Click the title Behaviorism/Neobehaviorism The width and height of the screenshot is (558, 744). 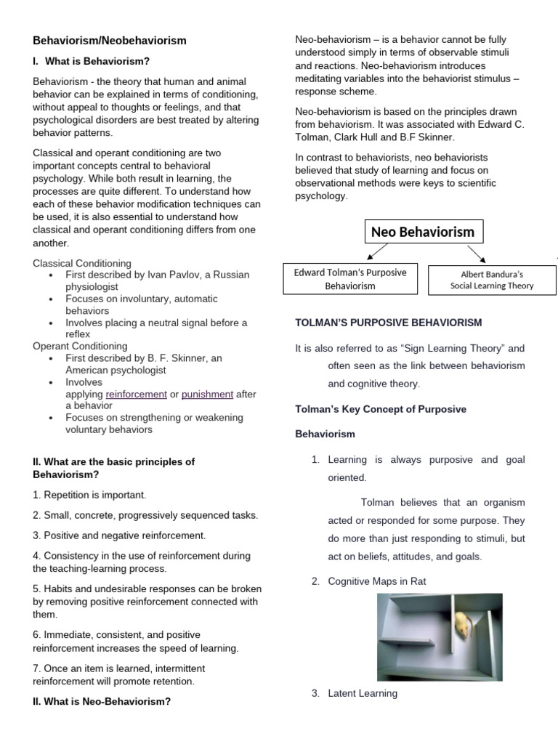point(109,41)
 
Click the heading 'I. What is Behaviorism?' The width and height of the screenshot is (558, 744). point(91,61)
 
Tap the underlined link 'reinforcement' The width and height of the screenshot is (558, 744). point(136,394)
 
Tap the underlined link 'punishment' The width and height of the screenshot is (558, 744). point(207,394)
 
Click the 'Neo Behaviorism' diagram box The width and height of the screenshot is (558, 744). point(422,232)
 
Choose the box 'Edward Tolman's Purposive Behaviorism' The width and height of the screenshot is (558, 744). point(349,279)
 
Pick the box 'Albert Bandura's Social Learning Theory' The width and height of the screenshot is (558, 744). point(491,280)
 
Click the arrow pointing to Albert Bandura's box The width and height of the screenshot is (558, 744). point(477,253)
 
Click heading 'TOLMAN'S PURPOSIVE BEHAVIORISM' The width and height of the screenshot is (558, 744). point(388,322)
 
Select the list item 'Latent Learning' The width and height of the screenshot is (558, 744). point(362,693)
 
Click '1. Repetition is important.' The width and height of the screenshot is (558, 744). point(89,495)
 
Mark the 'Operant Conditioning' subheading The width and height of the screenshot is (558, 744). point(80,346)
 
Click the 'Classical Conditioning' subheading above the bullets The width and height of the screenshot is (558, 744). point(82,263)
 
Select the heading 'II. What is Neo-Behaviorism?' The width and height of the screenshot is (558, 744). point(101,701)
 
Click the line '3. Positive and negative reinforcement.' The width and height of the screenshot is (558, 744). point(119,535)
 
